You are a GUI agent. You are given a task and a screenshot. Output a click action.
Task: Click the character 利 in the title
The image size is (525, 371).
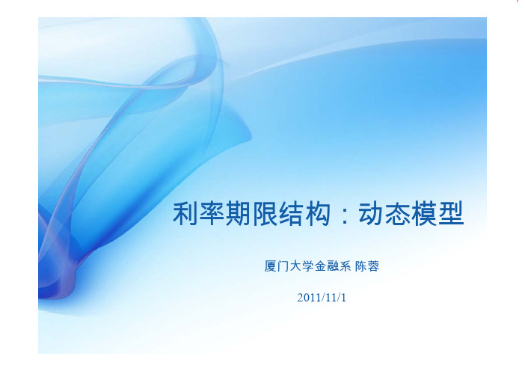coord(185,213)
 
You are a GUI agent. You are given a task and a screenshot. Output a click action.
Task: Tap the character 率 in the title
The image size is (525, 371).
coord(212,213)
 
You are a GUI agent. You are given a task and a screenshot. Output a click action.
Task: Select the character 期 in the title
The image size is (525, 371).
coord(238,213)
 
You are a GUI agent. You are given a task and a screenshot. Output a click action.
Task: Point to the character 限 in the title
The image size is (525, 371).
coord(265,213)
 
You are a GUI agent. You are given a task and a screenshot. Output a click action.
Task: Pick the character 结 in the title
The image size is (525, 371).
coord(291,213)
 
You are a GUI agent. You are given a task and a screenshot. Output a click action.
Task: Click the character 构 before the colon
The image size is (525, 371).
coord(317,213)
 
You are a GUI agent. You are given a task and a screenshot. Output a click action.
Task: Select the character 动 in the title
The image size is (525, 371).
coord(371,213)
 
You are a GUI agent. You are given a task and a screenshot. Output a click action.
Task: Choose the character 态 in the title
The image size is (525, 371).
coord(397,213)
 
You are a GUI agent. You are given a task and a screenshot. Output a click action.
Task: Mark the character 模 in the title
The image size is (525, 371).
coord(423,213)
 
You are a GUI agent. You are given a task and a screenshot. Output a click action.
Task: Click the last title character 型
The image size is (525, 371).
coord(451,213)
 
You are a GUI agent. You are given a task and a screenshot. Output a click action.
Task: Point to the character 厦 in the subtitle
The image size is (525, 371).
coord(270,266)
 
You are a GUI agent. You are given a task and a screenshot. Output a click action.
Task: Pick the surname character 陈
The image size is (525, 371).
coord(361,266)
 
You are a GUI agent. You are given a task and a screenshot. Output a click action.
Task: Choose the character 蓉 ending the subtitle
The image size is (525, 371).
coord(373,266)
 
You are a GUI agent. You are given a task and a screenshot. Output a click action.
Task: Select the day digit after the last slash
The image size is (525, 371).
coord(343,298)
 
